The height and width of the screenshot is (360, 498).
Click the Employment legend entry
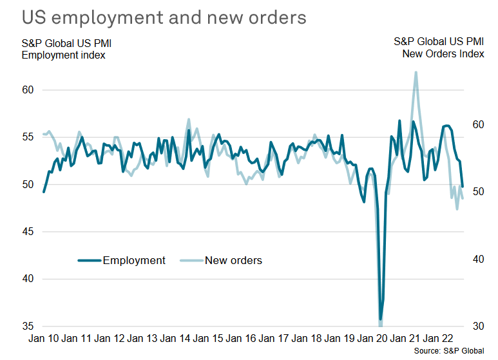(122, 261)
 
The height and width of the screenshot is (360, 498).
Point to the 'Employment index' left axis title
(63, 55)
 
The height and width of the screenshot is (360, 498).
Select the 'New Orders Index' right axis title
(443, 55)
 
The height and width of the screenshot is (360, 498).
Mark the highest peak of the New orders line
(416, 72)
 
